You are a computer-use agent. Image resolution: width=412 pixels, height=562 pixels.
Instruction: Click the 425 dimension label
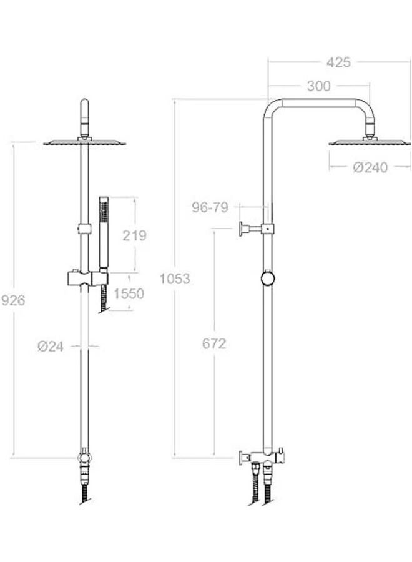click(x=338, y=62)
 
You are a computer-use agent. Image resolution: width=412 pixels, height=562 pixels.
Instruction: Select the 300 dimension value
click(x=318, y=87)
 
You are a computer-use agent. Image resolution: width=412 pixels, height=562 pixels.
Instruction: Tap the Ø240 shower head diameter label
click(x=370, y=167)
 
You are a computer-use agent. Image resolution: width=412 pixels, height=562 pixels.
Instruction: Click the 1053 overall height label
click(x=175, y=279)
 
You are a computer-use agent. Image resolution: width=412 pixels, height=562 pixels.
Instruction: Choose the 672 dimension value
click(x=213, y=344)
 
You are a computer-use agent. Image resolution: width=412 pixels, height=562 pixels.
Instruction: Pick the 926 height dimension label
click(x=13, y=300)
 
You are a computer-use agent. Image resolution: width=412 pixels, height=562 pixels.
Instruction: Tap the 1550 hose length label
click(x=129, y=293)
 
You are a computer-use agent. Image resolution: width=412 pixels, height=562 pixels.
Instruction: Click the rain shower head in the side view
click(x=370, y=143)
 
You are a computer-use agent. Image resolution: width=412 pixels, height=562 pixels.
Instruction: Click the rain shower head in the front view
click(x=84, y=144)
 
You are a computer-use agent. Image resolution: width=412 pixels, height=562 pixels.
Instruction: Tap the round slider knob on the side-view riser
click(x=268, y=279)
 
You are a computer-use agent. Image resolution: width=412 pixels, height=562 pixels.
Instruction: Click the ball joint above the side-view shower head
click(x=371, y=132)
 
